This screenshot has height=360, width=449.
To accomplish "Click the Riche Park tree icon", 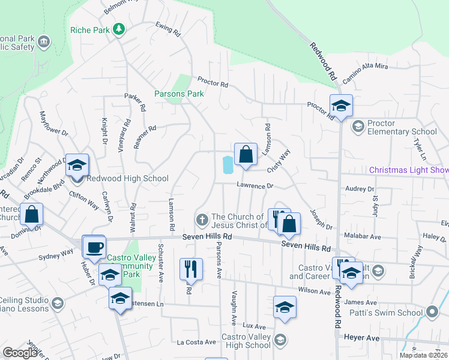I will (119, 29).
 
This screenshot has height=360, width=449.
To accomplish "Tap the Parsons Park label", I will (179, 94).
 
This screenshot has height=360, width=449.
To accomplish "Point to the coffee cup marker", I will (94, 247).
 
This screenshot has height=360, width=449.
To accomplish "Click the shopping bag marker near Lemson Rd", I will (246, 155).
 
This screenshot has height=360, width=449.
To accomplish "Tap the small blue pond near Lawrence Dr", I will (228, 164).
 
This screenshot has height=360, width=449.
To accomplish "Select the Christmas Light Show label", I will (408, 170).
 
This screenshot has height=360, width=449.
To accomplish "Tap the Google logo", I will (20, 353).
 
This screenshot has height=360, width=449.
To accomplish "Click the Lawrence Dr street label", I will (255, 186).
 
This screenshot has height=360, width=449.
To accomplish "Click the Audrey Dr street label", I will (360, 189).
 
